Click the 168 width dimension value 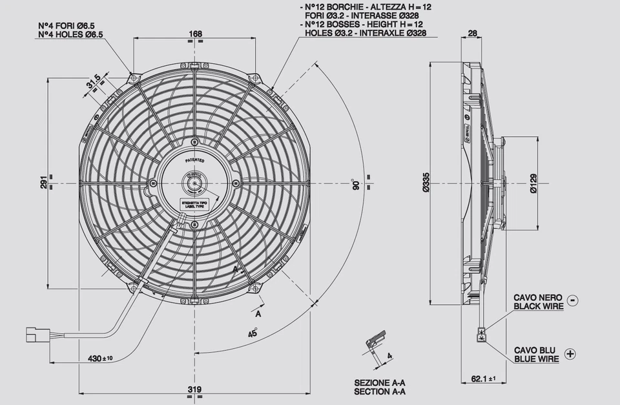(x=196, y=34)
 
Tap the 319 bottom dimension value (x=195, y=389)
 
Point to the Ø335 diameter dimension (x=426, y=183)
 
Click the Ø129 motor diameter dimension (x=533, y=183)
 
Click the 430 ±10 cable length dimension (x=100, y=358)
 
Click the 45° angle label (x=253, y=333)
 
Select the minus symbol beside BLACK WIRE (x=573, y=300)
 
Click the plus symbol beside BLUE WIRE (x=570, y=353)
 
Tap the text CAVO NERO (x=537, y=297)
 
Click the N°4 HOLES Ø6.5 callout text (x=70, y=34)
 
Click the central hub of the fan (x=194, y=183)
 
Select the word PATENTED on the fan (x=194, y=160)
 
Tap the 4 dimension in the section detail (x=389, y=356)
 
